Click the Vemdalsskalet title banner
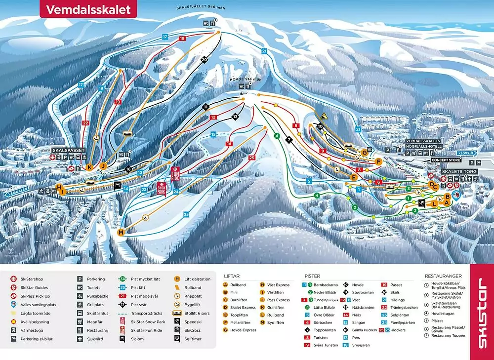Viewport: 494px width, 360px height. (88, 9)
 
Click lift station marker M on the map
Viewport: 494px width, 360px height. (121, 232)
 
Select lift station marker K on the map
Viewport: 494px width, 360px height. (89, 167)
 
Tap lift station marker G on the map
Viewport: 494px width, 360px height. (365, 152)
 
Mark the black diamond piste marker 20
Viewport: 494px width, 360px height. (204, 60)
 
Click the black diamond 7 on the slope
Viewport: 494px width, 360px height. (289, 140)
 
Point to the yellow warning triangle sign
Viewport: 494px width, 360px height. (323, 116)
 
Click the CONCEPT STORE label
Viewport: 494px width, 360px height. (446, 160)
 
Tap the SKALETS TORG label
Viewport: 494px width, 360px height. (458, 170)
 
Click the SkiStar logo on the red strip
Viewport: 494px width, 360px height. (482, 312)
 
